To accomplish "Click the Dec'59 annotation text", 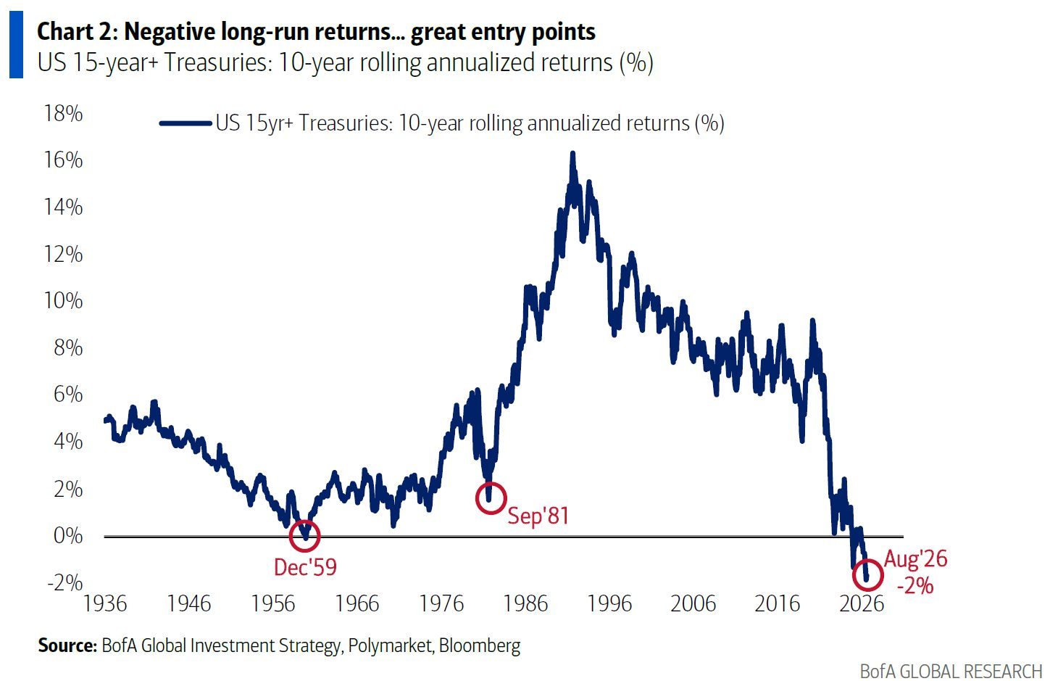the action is point(305,567).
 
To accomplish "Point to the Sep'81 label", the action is point(538,516).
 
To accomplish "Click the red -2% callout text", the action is point(915,586).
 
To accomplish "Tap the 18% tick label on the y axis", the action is point(63,113).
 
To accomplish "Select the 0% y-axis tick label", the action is point(68,536).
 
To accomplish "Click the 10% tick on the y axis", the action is point(63,301).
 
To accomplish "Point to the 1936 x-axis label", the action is point(105,603).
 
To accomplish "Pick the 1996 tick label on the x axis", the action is point(609,603).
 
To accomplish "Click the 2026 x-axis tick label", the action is point(862,603).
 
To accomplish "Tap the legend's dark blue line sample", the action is point(186,123).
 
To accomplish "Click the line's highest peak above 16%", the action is point(572,153).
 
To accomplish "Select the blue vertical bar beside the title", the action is point(17,44).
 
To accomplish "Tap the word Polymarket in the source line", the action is point(390,645).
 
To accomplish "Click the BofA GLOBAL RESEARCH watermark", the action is point(951,671).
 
